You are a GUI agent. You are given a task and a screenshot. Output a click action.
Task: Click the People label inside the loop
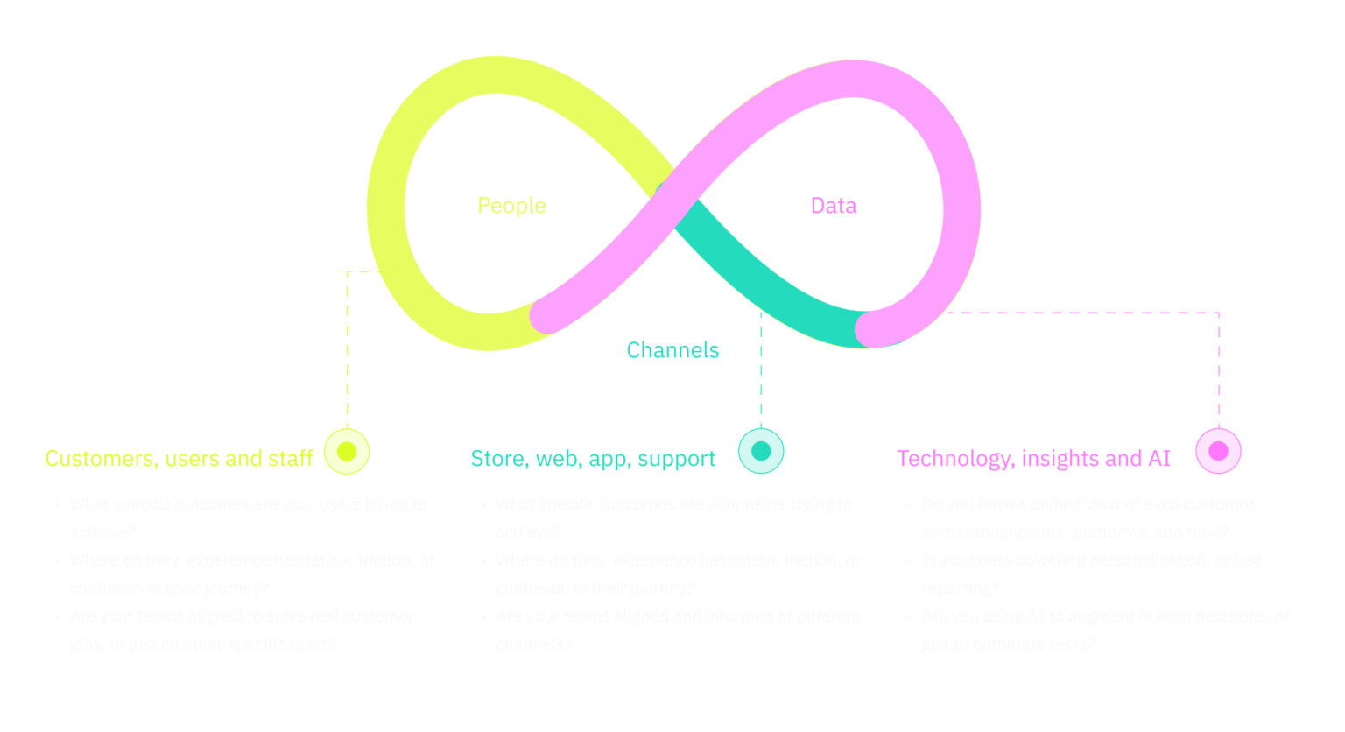511,206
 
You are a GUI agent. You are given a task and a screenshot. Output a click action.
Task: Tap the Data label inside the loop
833,206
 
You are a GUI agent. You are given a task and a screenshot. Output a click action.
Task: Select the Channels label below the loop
672,350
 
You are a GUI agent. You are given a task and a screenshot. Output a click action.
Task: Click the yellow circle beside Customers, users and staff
347,452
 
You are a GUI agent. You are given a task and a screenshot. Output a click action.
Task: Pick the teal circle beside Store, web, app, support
761,452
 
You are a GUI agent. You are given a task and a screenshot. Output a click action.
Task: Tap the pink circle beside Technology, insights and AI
1218,451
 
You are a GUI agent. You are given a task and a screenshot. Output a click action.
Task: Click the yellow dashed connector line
348,350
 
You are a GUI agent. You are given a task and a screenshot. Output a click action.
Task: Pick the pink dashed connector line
1218,368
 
